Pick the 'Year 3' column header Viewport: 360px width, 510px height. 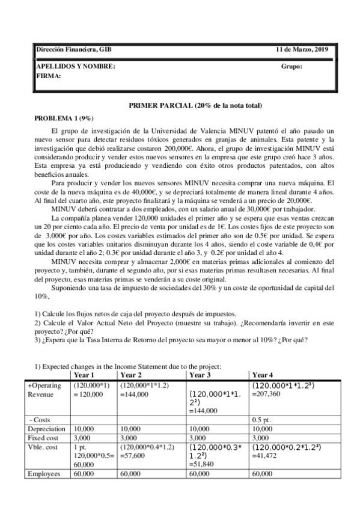201,374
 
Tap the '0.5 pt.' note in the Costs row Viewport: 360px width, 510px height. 262,419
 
